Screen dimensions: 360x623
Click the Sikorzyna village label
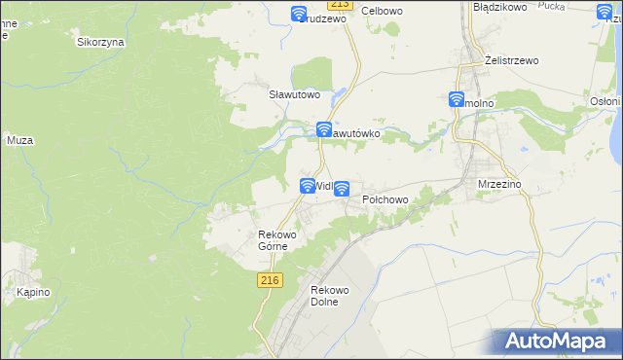click(x=100, y=43)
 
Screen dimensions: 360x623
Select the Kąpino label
click(x=21, y=292)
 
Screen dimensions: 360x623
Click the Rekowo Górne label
click(x=276, y=239)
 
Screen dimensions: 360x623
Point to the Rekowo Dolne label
click(x=329, y=296)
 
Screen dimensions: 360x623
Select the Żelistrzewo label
click(x=512, y=60)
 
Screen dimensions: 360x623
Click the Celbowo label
click(x=383, y=11)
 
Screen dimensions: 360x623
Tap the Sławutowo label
click(x=294, y=94)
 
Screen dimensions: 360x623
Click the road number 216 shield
click(x=271, y=280)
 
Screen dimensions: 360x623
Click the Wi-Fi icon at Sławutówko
click(x=324, y=129)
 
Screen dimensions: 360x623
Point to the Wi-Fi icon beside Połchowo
click(x=342, y=190)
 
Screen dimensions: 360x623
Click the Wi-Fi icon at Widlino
click(x=308, y=185)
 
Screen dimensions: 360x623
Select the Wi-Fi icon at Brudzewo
click(x=300, y=14)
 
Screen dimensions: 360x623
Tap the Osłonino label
click(x=605, y=100)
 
